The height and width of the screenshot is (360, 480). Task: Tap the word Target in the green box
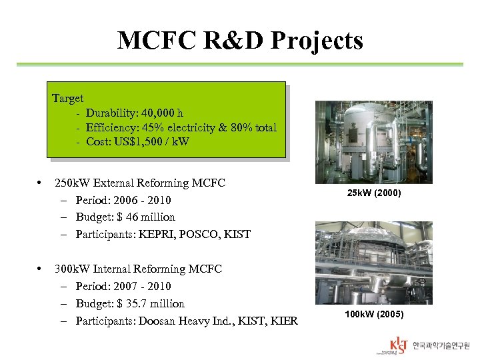(68, 99)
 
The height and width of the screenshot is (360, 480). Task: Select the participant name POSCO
(204, 234)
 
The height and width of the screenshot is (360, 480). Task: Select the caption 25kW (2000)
(373, 193)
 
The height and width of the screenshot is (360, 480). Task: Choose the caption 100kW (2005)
(373, 314)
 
